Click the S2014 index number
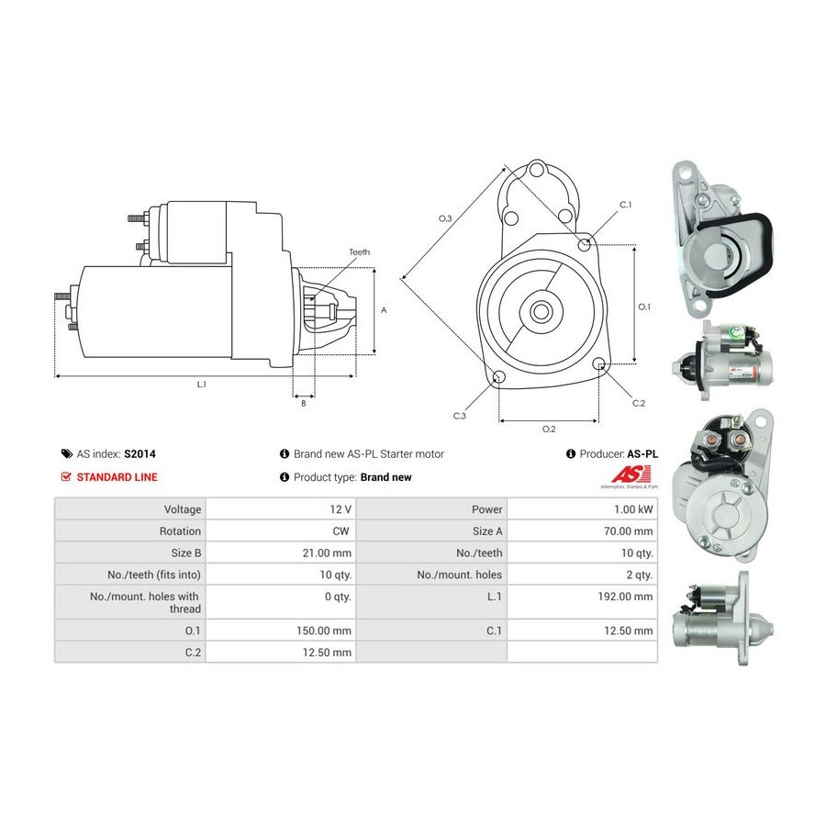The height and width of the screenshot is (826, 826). click(x=140, y=453)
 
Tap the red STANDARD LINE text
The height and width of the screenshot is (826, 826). click(x=117, y=477)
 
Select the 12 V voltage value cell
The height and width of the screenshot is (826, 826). click(x=340, y=509)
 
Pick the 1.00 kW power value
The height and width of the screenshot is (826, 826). click(x=633, y=509)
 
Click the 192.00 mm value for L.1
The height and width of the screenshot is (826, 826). click(x=625, y=597)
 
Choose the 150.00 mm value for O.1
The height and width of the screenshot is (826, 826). click(x=323, y=631)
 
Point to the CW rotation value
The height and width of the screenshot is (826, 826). click(x=340, y=531)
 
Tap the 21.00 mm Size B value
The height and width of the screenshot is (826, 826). click(x=327, y=553)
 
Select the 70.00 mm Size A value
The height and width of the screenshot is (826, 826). click(x=629, y=531)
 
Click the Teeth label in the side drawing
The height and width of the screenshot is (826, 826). click(x=359, y=252)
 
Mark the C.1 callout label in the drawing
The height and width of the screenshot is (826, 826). click(x=625, y=205)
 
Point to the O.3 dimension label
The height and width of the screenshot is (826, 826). click(x=446, y=218)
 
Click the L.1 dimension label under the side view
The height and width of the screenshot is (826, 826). click(x=202, y=385)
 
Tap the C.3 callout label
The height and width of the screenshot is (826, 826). click(x=460, y=416)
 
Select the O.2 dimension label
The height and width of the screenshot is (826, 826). click(x=549, y=430)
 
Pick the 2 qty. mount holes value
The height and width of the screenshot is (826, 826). click(x=640, y=575)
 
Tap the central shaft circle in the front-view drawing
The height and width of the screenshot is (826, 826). click(x=541, y=311)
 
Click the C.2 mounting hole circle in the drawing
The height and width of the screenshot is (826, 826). click(x=599, y=363)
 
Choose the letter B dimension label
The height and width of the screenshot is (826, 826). click(x=304, y=404)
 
